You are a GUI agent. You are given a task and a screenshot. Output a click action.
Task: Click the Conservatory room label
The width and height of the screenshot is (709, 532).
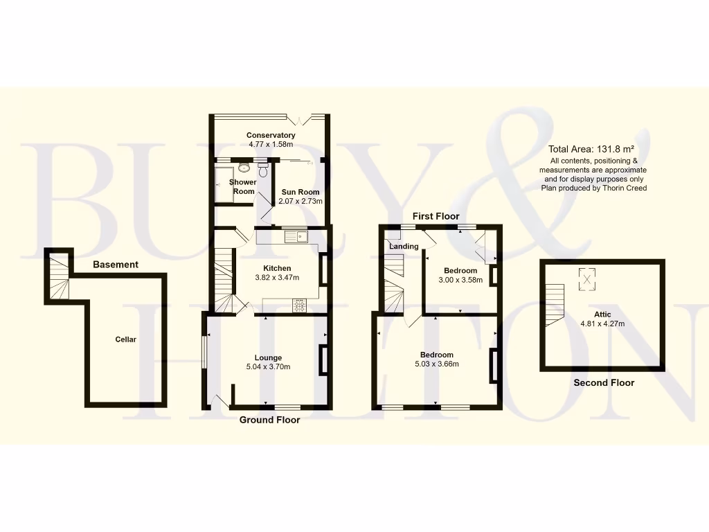pyautogui.click(x=271, y=135)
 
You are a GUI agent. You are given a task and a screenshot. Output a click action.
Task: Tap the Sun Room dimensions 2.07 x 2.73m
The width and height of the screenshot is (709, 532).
pyautogui.click(x=300, y=201)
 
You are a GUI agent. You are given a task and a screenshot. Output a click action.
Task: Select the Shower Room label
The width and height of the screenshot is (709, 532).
pyautogui.click(x=243, y=186)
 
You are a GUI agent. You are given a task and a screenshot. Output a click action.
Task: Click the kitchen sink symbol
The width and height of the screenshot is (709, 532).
pyautogui.click(x=301, y=237)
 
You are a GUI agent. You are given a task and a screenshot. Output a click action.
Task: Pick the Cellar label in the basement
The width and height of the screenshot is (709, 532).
pyautogui.click(x=126, y=339)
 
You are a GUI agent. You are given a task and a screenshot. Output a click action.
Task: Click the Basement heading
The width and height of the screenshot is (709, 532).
pyautogui.click(x=116, y=265)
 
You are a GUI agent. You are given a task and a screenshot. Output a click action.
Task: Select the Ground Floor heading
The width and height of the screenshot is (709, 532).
pyautogui.click(x=270, y=420)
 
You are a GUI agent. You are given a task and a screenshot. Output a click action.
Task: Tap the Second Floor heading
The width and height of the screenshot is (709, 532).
pyautogui.click(x=604, y=382)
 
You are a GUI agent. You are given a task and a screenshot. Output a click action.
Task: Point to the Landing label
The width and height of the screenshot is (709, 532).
pyautogui.click(x=404, y=247)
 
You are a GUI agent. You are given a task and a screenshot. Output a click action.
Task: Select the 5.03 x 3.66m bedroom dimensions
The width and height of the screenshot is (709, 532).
pyautogui.click(x=436, y=364)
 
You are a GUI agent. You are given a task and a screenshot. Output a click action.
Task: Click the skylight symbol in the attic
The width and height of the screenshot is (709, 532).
pyautogui.click(x=587, y=279)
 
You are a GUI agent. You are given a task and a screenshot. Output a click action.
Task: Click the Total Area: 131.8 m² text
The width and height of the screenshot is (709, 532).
pyautogui.click(x=591, y=149)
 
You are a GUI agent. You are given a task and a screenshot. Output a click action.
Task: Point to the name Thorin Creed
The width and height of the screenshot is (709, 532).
pyautogui.click(x=622, y=188)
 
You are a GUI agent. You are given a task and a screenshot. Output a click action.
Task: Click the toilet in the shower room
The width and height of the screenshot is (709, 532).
pyautogui.click(x=262, y=167)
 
